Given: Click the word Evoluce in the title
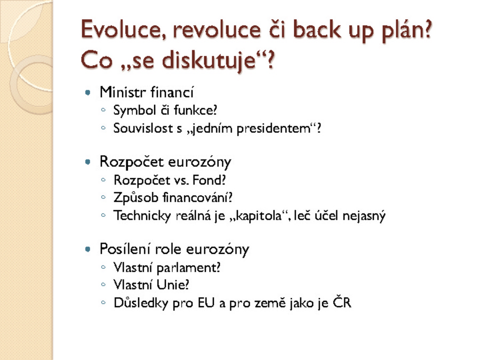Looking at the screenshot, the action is (121, 30).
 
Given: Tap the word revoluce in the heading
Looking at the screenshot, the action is (217, 30).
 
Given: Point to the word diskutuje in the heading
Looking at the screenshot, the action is (209, 60).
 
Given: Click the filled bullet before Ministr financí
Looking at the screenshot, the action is (88, 92).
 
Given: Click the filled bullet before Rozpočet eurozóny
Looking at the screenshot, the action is (88, 162).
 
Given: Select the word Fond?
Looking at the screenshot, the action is (209, 180).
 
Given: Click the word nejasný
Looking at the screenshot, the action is (364, 216).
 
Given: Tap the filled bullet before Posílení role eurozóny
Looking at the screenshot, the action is (88, 249).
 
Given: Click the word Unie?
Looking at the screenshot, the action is (173, 285).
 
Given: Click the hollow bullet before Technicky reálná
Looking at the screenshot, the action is (103, 215).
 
